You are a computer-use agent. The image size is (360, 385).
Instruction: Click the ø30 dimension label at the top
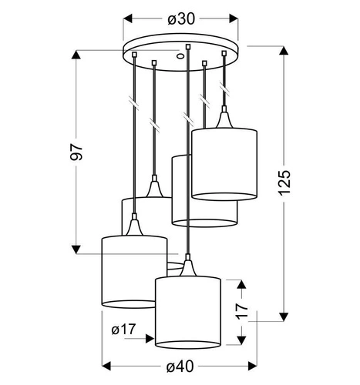(x=181, y=19)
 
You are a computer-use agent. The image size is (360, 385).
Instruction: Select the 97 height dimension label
(x=76, y=152)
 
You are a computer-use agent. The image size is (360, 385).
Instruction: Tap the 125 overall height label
(x=284, y=182)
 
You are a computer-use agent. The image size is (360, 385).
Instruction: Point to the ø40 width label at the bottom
(x=180, y=367)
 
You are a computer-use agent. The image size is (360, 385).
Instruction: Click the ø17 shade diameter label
(x=123, y=330)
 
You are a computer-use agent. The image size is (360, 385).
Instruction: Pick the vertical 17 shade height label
(x=242, y=311)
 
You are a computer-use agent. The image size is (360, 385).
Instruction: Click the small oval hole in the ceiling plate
(x=180, y=55)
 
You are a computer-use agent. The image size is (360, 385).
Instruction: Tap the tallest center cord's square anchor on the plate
(x=188, y=46)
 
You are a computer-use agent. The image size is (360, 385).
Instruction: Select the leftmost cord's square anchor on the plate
(x=134, y=55)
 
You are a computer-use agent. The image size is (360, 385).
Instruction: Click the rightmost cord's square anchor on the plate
(x=224, y=53)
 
